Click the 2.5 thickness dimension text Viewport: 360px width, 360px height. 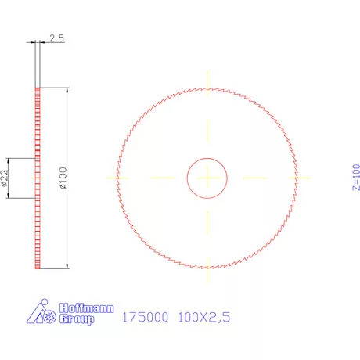click(x=56, y=38)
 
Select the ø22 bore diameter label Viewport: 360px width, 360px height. click(x=5, y=179)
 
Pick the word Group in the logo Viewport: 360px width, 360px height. click(x=77, y=319)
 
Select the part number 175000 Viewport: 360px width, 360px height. click(x=146, y=319)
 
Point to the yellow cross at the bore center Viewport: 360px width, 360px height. click(x=207, y=178)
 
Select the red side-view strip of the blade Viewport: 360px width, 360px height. click(x=38, y=178)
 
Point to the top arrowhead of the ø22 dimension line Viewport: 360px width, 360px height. click(x=10, y=161)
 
